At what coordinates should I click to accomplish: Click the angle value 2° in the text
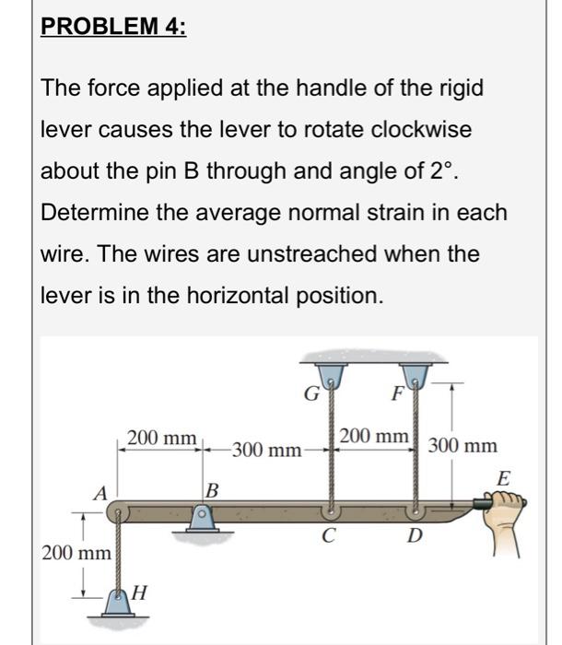419,170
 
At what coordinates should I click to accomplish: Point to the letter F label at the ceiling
397,397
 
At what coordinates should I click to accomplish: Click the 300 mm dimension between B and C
266,451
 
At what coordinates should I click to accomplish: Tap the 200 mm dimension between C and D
374,435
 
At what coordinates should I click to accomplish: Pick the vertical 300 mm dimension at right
462,447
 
